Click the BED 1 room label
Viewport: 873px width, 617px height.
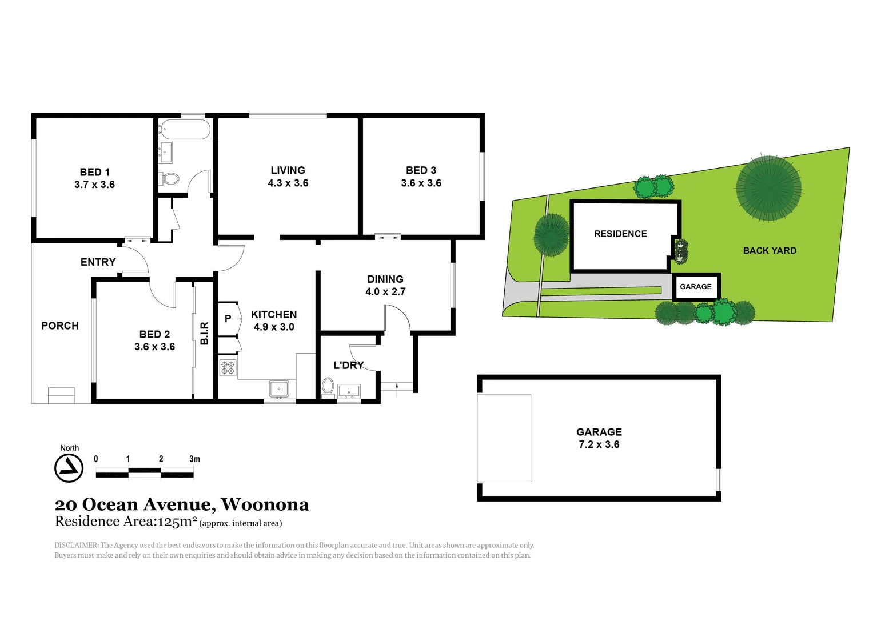point(94,172)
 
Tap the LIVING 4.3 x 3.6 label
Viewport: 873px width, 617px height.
point(288,177)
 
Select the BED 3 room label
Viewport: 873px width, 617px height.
point(421,170)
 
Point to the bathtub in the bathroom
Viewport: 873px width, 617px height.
point(185,130)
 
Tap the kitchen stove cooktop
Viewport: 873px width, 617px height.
point(228,367)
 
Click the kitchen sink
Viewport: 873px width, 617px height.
point(279,389)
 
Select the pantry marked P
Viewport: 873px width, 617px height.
point(228,319)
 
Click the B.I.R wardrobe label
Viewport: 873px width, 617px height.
point(204,333)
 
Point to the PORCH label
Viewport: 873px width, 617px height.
point(60,326)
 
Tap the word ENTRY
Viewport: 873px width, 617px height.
point(98,262)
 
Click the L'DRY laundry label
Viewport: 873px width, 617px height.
point(348,365)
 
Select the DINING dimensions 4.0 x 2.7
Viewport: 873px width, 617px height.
point(385,291)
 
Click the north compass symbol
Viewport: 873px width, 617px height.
point(69,468)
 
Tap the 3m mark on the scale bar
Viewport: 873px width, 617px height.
point(194,459)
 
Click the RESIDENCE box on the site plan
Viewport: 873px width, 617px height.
point(620,234)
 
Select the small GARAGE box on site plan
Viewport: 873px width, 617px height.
point(696,286)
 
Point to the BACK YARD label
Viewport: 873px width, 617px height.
point(769,250)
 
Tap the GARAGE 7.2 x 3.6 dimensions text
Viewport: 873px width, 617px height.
point(599,444)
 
